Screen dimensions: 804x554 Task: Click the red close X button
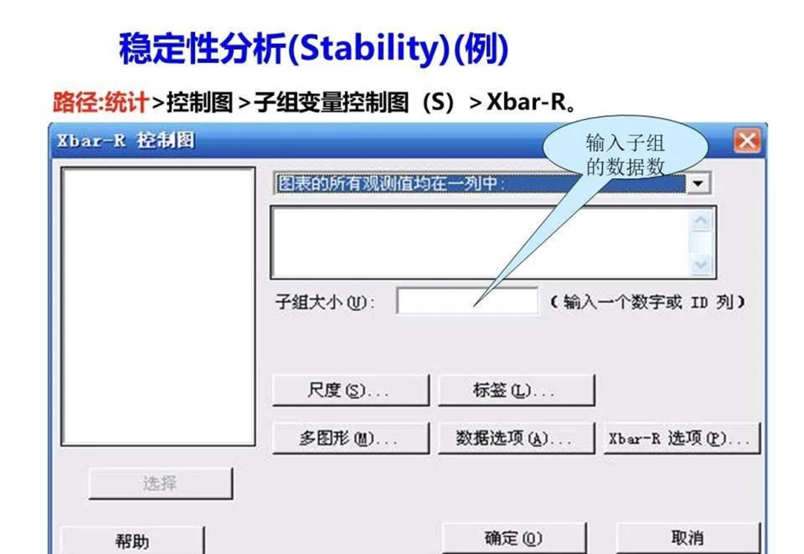tap(747, 141)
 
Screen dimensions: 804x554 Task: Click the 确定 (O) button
tap(514, 538)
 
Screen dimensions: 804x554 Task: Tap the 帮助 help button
tap(133, 540)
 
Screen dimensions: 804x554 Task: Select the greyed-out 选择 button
tap(161, 483)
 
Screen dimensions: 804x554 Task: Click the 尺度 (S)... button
tap(350, 390)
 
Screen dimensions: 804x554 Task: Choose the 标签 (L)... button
tap(517, 390)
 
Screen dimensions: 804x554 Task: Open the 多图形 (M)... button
tap(350, 438)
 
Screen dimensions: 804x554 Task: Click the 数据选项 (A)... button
tap(517, 438)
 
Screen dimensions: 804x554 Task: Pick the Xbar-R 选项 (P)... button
tap(681, 438)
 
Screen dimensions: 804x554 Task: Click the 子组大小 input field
tap(467, 301)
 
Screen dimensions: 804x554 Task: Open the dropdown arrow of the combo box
tap(698, 183)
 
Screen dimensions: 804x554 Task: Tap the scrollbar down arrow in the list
tap(701, 264)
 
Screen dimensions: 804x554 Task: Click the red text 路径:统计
tap(100, 102)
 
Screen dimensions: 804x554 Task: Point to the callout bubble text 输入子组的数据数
tap(625, 154)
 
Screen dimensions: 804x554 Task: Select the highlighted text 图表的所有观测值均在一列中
tap(389, 183)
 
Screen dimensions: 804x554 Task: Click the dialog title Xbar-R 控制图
tap(126, 141)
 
